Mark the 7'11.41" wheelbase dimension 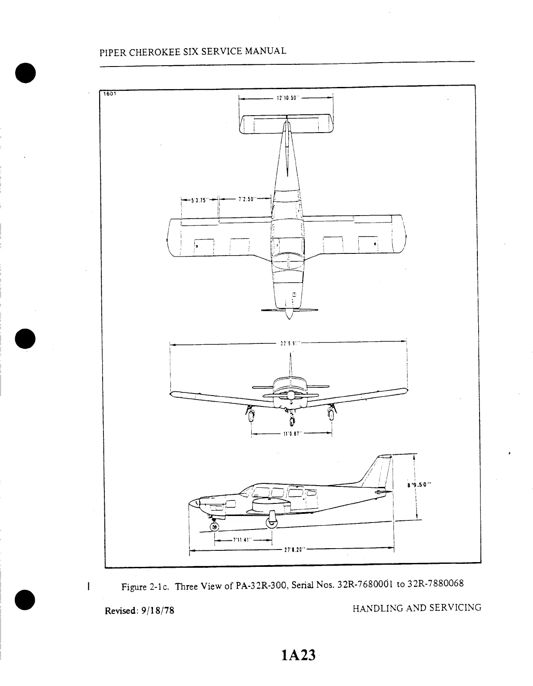[242, 540]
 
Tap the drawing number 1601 [107, 93]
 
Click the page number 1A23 [298, 655]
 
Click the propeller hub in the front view [290, 395]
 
